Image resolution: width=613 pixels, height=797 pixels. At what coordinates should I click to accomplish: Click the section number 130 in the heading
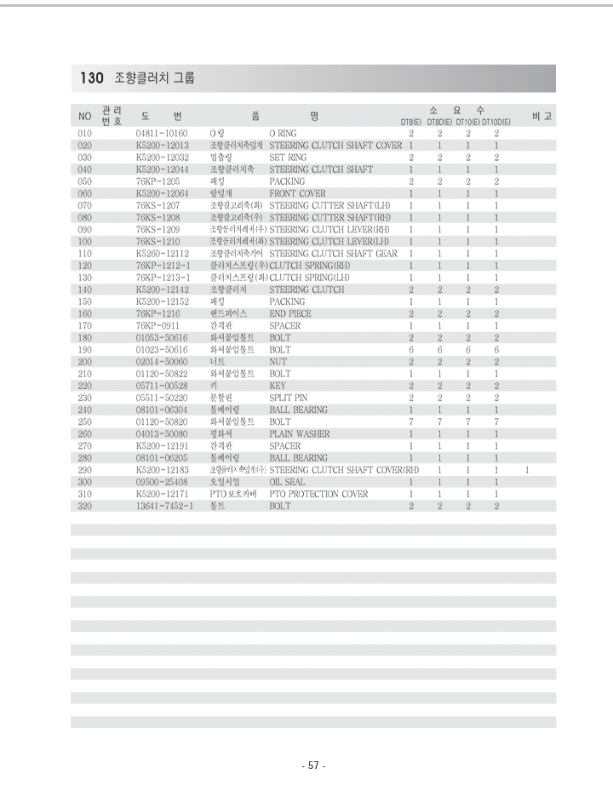tap(91, 78)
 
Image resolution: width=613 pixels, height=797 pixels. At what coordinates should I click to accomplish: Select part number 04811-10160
tap(162, 134)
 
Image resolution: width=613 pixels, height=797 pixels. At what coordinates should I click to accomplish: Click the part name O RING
tap(284, 134)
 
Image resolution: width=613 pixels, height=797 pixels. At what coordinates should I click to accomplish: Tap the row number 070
tap(84, 206)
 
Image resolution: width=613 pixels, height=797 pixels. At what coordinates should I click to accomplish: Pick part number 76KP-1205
tap(158, 181)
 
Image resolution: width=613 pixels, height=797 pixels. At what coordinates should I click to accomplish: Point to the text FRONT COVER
tap(297, 193)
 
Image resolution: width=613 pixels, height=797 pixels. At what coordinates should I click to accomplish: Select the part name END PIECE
tap(290, 313)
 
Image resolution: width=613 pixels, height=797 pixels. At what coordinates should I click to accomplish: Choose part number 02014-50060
tap(162, 362)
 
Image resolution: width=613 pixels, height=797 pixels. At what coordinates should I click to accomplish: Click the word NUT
tap(278, 362)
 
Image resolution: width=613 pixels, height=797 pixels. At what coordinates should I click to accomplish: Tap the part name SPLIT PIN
tap(289, 398)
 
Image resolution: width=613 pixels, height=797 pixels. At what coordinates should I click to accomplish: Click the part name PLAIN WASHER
tap(300, 433)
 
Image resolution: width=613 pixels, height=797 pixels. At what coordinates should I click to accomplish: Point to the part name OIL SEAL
tap(287, 482)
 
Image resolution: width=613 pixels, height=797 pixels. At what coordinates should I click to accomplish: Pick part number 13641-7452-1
tap(165, 506)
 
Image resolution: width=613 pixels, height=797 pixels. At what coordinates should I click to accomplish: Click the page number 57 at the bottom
tap(313, 765)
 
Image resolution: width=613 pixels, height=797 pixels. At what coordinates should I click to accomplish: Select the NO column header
tap(84, 116)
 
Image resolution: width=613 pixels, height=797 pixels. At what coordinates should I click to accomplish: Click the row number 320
tap(84, 506)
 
